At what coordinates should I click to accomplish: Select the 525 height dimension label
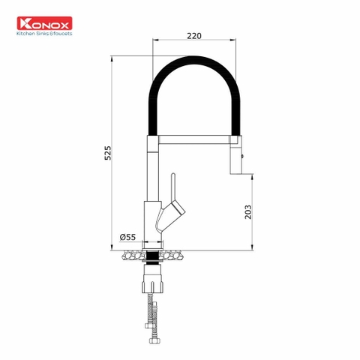[107, 153]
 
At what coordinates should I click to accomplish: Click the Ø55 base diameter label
[127, 238]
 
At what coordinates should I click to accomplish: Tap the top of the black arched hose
[196, 61]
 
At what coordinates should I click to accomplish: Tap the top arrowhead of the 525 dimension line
[110, 57]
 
